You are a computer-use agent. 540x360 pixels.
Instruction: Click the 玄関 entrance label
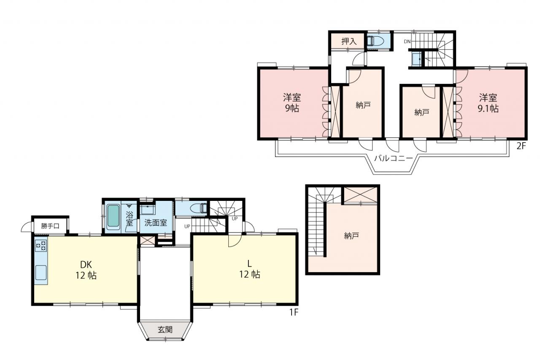pos(165,329)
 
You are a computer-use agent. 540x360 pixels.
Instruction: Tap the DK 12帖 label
pos(86,270)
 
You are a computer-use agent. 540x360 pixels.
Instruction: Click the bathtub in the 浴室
pos(113,216)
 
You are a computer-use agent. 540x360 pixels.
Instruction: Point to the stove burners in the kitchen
pos(41,246)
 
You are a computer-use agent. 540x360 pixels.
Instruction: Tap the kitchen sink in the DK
pos(41,272)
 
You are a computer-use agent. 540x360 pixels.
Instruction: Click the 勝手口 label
pos(50,226)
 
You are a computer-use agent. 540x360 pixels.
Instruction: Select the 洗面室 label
pos(156,222)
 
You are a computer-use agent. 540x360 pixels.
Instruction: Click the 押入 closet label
pos(349,41)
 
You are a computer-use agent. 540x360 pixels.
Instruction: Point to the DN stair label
pos(407,41)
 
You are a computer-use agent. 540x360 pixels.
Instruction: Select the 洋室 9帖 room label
pos(292,103)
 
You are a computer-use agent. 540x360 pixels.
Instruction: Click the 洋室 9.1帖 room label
pos(488,103)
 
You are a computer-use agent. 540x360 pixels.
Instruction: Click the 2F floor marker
pos(521,146)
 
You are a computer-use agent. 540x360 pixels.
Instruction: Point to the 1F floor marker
pos(294,312)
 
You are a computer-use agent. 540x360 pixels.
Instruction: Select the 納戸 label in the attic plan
pos(351,236)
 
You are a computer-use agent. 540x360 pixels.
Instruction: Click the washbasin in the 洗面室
pos(148,209)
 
